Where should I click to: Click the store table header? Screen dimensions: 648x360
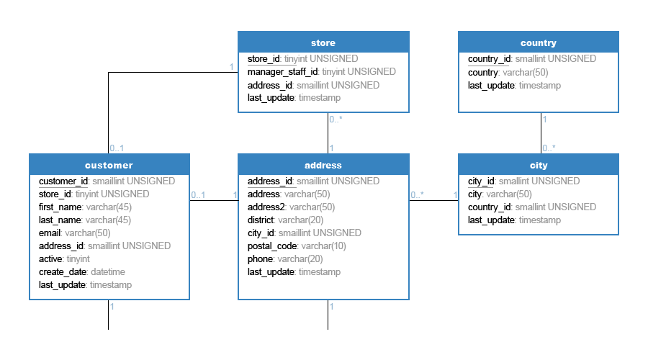[323, 42]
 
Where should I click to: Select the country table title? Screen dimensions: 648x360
[538, 42]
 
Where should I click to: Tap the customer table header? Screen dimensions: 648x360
[109, 164]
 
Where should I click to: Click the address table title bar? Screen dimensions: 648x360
[323, 164]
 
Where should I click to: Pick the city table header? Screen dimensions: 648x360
[538, 164]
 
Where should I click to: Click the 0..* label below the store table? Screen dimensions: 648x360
[336, 120]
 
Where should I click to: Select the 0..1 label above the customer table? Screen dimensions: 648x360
[117, 148]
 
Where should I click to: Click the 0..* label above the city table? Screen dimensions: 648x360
[549, 148]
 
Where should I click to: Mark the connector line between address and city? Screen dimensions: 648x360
[433, 200]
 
